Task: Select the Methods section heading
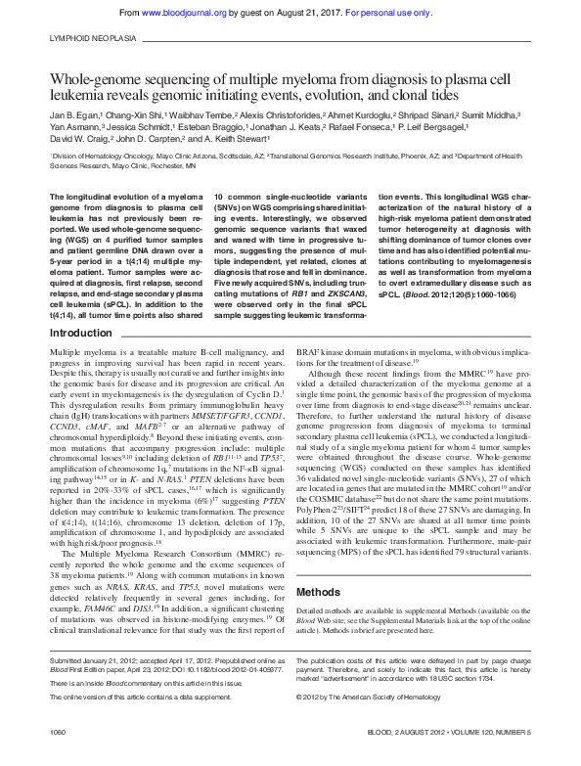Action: point(318,564)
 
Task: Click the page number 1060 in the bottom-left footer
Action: point(58,732)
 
